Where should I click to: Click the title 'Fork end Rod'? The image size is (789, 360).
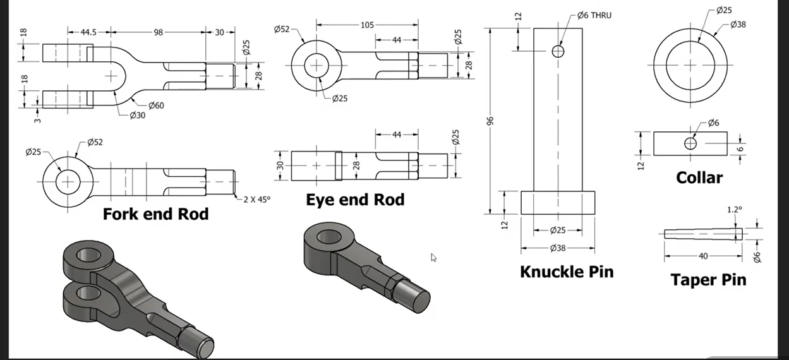coord(155,214)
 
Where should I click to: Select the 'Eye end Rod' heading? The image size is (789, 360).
coord(355,200)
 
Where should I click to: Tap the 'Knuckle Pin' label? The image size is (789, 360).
coord(567,272)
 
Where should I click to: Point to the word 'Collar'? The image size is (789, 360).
coord(699,177)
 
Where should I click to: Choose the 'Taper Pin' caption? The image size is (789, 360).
coord(708,280)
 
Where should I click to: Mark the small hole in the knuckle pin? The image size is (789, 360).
coord(558,51)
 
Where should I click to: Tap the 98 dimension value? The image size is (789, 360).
coord(158,32)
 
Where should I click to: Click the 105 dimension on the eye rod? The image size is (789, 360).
coord(367,25)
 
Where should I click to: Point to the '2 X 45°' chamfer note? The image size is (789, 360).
coord(256,199)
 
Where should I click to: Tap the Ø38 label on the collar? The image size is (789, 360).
coord(739,25)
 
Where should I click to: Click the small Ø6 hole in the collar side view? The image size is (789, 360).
coord(690,144)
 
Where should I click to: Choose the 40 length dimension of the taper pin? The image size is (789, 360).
coord(703,256)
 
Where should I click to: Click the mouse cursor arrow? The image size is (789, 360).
coord(434,257)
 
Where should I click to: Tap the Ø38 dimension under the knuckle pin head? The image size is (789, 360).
coord(557,248)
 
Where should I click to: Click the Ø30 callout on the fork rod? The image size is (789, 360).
coord(138,116)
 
